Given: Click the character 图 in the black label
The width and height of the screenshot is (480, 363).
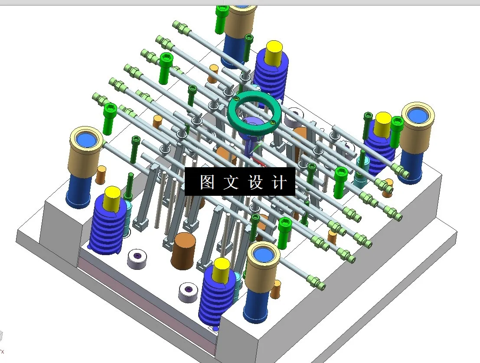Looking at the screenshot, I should pyautogui.click(x=208, y=182).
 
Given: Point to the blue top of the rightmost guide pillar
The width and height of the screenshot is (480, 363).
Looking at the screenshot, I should pyautogui.click(x=417, y=115).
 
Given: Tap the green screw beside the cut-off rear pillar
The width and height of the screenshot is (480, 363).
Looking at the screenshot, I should pyautogui.click(x=222, y=19).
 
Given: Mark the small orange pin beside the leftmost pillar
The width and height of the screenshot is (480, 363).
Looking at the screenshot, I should pyautogui.click(x=101, y=174).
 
